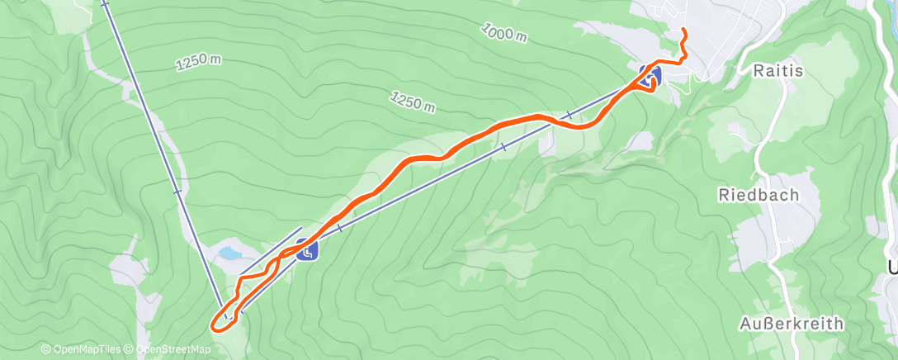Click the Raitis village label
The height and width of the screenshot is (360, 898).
778,71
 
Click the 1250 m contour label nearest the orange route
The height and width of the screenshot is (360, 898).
413,101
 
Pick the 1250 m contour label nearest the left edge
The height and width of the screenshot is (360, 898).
198,63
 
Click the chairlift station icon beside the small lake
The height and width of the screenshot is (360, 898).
307,249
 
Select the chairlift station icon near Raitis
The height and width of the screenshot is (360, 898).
650,75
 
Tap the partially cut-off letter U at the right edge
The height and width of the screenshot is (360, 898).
892,268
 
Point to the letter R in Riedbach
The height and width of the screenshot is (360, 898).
723,196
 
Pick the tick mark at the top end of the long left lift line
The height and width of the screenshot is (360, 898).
105,4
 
